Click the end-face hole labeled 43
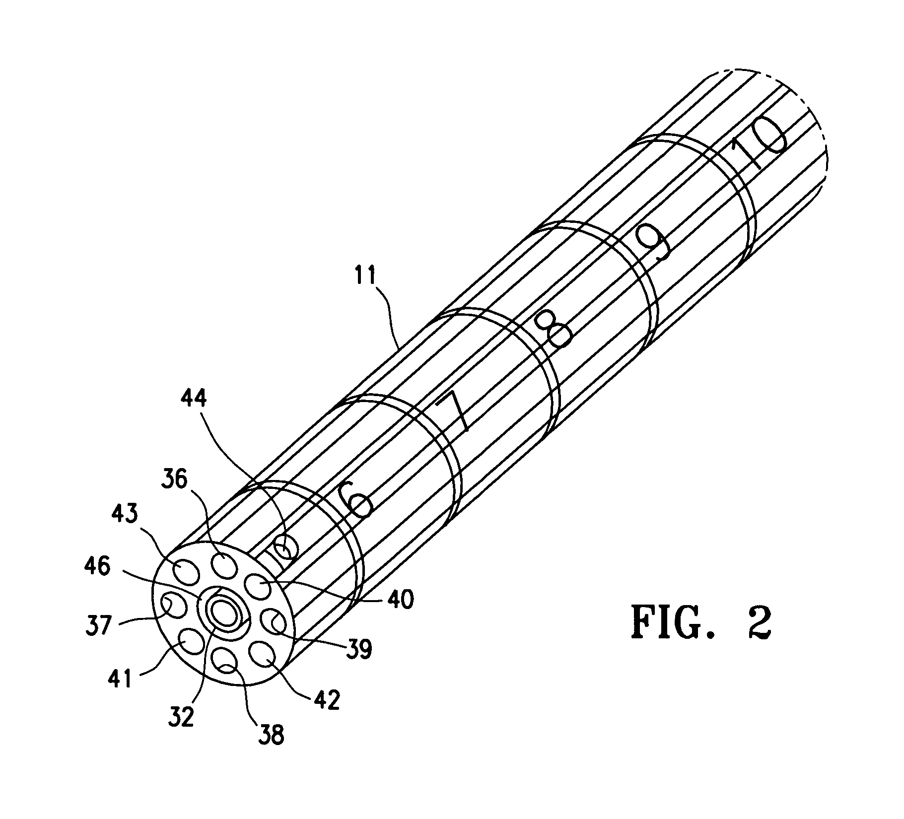186,572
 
